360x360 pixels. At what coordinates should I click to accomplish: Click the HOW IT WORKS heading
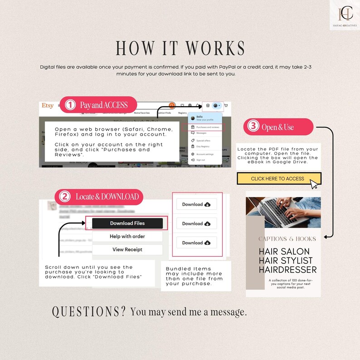pos(180,49)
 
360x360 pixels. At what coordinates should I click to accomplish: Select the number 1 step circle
pos(70,105)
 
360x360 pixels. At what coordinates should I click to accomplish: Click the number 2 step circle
pos(65,197)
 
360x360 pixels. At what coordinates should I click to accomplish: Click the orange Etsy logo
pos(47,106)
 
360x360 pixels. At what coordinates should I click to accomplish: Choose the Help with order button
pos(127,236)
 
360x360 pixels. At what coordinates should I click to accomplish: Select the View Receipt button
pos(127,249)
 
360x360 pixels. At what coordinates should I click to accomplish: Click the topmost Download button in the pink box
pos(196,204)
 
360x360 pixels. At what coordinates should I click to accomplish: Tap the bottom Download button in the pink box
pos(196,243)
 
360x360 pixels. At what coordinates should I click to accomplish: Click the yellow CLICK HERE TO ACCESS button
pos(278,179)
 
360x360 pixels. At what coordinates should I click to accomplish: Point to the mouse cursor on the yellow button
pos(314,184)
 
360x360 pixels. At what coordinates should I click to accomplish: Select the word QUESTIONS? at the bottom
pos(88,311)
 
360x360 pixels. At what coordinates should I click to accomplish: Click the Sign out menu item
pos(201,160)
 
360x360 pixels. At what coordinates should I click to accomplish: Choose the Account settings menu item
pos(205,154)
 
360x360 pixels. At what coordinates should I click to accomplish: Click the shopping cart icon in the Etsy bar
pos(226,105)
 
